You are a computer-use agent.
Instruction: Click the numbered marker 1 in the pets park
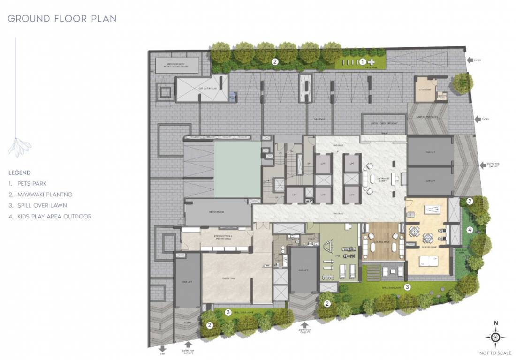pyautogui.click(x=363, y=61)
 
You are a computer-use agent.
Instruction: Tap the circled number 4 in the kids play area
pyautogui.click(x=470, y=230)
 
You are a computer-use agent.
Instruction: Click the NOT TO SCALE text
pyautogui.click(x=495, y=353)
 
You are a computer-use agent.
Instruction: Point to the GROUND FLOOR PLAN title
pyautogui.click(x=62, y=19)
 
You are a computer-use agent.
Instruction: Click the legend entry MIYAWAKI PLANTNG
pyautogui.click(x=40, y=195)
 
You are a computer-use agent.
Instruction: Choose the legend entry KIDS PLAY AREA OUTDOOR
pyautogui.click(x=50, y=217)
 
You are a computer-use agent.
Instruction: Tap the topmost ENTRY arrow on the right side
pyautogui.click(x=470, y=60)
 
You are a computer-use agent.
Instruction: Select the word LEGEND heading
pyautogui.click(x=19, y=173)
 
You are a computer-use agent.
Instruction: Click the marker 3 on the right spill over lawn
pyautogui.click(x=408, y=287)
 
